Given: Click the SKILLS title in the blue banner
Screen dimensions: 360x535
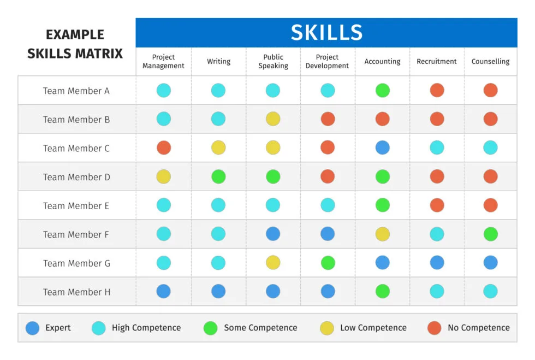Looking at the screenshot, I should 326,33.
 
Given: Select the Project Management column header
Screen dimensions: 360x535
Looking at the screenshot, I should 163,62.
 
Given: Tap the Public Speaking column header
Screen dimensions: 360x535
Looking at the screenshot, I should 273,62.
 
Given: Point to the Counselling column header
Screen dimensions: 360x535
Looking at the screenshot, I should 490,62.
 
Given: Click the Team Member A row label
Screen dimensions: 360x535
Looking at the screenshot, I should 76,91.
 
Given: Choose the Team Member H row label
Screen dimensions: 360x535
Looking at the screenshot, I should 76,292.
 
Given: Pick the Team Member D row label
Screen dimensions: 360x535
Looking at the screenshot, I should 76,177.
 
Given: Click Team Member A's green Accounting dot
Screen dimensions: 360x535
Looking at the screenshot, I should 383,91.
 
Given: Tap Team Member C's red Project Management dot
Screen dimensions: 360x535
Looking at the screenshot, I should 164,148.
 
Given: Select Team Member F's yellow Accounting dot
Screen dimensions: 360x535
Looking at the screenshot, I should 383,234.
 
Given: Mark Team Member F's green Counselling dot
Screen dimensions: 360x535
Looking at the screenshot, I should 490,234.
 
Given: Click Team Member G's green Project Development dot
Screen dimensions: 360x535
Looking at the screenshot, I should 328,263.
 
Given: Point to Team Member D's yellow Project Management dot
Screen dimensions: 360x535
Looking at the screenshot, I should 164,177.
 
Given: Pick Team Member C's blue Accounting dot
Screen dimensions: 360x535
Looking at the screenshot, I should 383,148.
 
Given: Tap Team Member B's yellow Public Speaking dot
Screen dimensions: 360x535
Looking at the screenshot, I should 273,119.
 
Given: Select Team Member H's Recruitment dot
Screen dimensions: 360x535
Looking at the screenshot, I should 437,292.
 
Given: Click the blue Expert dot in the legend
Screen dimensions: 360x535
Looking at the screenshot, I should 33,328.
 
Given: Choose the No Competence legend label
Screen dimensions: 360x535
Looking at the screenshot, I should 478,328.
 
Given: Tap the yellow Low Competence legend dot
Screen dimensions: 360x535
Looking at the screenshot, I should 327,328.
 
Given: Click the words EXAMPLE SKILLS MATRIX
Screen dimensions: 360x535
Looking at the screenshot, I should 75,44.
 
